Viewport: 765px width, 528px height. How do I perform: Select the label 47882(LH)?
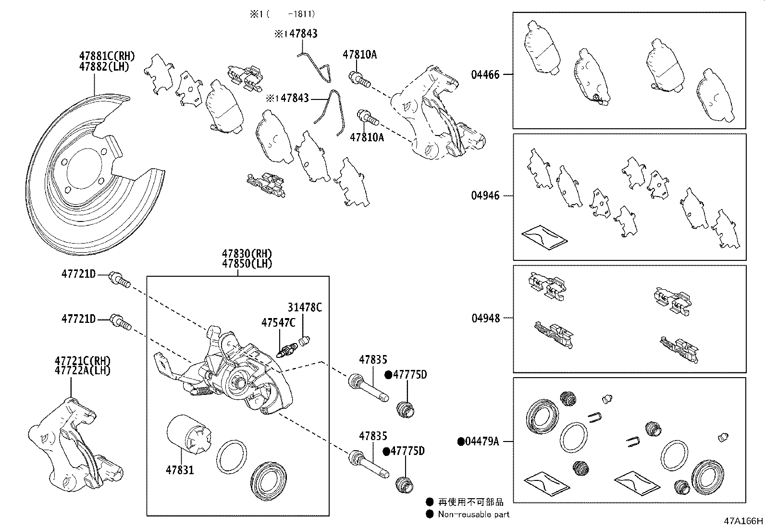[104, 66]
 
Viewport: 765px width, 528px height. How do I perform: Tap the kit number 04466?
[485, 74]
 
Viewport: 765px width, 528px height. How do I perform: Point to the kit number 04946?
[485, 196]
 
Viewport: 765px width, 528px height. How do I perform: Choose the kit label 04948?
[485, 318]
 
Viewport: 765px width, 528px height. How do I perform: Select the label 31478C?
[305, 307]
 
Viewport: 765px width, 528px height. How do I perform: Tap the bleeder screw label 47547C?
[278, 322]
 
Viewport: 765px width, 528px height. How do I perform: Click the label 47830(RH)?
[247, 254]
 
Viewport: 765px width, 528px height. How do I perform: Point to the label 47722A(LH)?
[82, 370]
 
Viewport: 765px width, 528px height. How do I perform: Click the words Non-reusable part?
[473, 514]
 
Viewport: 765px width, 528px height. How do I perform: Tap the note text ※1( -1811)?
[282, 15]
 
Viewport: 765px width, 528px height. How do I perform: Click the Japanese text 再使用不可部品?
[470, 502]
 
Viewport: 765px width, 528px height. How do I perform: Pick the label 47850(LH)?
[247, 264]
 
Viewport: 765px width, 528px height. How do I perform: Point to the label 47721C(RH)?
[82, 361]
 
